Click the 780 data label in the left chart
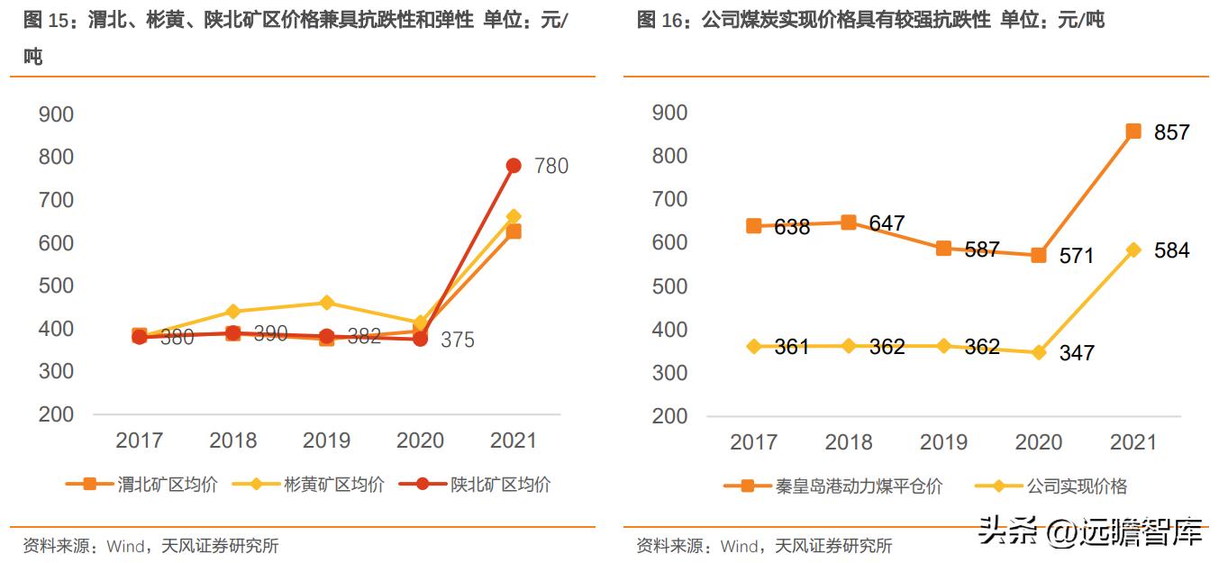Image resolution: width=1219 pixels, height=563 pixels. coord(550,166)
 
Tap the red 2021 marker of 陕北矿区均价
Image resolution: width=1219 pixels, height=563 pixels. coord(514,166)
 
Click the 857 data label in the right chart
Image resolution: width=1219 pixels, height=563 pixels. coord(1171,132)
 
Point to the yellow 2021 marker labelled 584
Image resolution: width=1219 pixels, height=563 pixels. coord(1133,250)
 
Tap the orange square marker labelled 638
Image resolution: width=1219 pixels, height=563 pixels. coord(754,225)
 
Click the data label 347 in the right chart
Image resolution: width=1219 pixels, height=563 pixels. coord(1076,352)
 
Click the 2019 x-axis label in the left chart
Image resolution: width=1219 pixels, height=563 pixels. coord(326,440)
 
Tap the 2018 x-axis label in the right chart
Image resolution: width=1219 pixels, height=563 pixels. coord(849,442)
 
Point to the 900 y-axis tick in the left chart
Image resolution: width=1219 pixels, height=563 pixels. coord(56,114)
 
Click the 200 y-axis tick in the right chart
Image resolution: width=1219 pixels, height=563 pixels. coord(669,417)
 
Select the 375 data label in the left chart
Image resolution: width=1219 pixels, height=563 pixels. coord(457,341)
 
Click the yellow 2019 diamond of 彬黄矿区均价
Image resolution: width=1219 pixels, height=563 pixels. coord(326,303)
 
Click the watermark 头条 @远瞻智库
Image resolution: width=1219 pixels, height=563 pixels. coord(1090,532)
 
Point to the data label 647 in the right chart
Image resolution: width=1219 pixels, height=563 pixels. coord(887,223)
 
